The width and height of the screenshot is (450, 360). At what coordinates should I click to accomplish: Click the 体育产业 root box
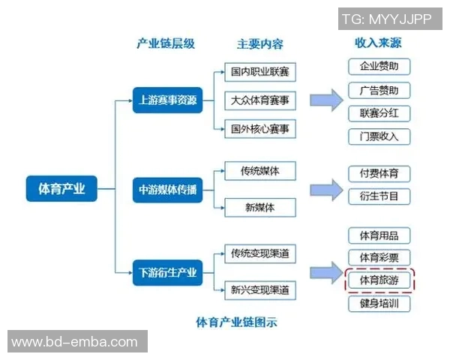point(62,188)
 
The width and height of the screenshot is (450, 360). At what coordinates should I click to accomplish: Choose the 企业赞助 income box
point(379,66)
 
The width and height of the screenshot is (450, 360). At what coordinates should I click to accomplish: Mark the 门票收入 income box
point(379,136)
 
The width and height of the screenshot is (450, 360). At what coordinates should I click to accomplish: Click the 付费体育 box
point(379,174)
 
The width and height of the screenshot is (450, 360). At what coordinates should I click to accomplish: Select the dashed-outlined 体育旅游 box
point(379,280)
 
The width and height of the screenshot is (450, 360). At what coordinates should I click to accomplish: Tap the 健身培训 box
point(379,304)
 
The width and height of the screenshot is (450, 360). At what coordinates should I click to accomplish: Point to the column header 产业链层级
point(166,43)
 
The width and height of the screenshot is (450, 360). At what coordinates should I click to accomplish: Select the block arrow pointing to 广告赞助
point(326,100)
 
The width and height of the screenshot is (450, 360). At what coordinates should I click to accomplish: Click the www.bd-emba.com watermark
point(75,343)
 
